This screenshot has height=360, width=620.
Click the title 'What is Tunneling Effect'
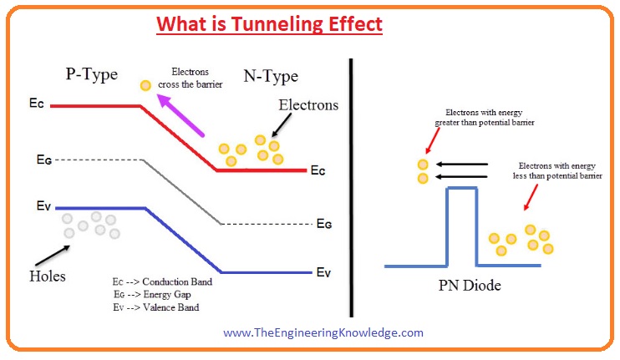269,24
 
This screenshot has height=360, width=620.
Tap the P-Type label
92,74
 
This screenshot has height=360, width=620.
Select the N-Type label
271,76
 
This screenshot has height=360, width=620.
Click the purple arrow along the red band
180,116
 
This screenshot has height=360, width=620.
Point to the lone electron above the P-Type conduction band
145,85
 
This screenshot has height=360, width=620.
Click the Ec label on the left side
37,104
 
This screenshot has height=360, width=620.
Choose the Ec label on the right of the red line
318,170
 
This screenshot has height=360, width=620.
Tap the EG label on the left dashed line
44,160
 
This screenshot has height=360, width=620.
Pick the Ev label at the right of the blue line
323,272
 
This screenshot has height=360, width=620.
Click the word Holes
48,276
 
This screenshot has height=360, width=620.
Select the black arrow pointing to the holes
53,256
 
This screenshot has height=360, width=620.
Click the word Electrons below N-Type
308,105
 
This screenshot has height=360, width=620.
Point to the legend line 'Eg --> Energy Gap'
152,294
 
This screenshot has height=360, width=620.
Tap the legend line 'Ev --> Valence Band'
156,307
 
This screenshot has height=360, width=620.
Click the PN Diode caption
470,286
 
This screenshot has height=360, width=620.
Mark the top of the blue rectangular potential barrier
462,189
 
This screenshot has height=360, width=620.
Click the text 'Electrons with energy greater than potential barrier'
485,118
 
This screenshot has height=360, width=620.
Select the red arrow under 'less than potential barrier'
531,197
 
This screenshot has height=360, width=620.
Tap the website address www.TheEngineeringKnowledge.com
323,332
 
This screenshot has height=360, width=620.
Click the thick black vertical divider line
351,188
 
